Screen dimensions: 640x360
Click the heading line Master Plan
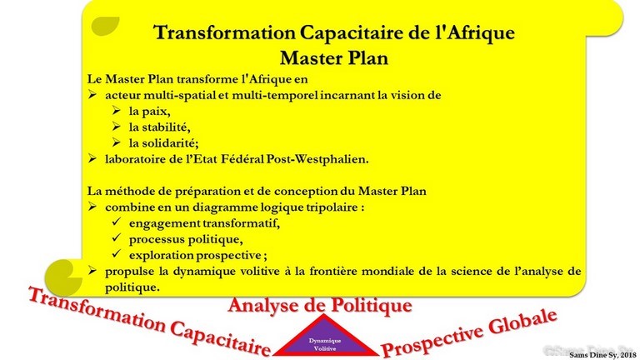pyautogui.click(x=334, y=58)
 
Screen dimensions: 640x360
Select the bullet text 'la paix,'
pyautogui.click(x=149, y=111)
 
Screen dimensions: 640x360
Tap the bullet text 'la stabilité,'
pyautogui.click(x=160, y=127)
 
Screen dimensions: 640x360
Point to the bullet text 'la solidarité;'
pyautogui.click(x=163, y=142)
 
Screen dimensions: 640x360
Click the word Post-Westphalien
pyautogui.click(x=317, y=159)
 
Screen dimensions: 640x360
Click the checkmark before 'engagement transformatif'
pyautogui.click(x=117, y=221)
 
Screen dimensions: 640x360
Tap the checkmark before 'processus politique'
pyautogui.click(x=117, y=237)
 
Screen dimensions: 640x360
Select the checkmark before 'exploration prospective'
pyautogui.click(x=117, y=253)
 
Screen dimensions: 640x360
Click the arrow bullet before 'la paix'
pyautogui.click(x=117, y=111)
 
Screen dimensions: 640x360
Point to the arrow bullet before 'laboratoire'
pyautogui.click(x=92, y=158)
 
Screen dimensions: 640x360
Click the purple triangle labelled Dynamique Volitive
pyautogui.click(x=325, y=338)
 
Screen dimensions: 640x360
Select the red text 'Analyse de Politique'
pyautogui.click(x=320, y=305)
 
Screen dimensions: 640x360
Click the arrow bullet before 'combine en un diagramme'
pyautogui.click(x=92, y=207)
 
